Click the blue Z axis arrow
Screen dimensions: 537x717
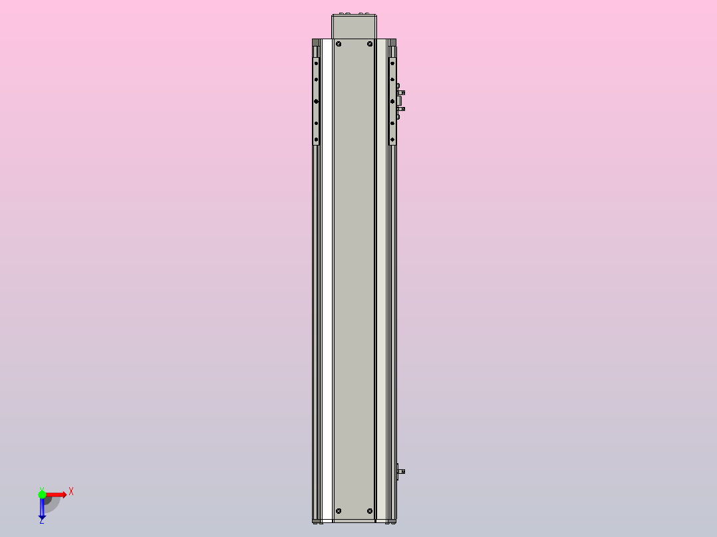pyautogui.click(x=42, y=508)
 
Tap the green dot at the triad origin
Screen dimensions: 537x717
pyautogui.click(x=42, y=494)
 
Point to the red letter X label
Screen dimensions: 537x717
pyautogui.click(x=71, y=492)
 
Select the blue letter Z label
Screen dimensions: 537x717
pyautogui.click(x=42, y=522)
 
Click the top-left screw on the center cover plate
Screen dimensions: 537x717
pyautogui.click(x=339, y=45)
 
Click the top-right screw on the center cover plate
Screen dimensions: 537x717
pyautogui.click(x=370, y=45)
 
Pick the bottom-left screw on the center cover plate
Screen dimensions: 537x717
pyautogui.click(x=339, y=510)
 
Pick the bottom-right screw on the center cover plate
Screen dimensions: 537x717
pyautogui.click(x=370, y=510)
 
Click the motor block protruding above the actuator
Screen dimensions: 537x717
pyautogui.click(x=354, y=26)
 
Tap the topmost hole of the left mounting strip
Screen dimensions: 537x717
pyautogui.click(x=317, y=64)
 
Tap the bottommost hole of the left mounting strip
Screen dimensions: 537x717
pyautogui.click(x=317, y=140)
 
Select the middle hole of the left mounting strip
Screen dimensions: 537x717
pyautogui.click(x=317, y=102)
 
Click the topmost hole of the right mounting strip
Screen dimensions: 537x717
pyautogui.click(x=392, y=64)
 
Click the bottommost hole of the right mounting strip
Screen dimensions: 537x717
pyautogui.click(x=392, y=140)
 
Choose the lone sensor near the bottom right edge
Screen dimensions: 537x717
pyautogui.click(x=400, y=472)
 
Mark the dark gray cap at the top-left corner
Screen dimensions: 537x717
pyautogui.click(x=315, y=42)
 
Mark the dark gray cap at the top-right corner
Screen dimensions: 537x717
pyautogui.click(x=393, y=42)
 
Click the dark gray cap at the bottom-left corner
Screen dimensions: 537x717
pyautogui.click(x=315, y=520)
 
